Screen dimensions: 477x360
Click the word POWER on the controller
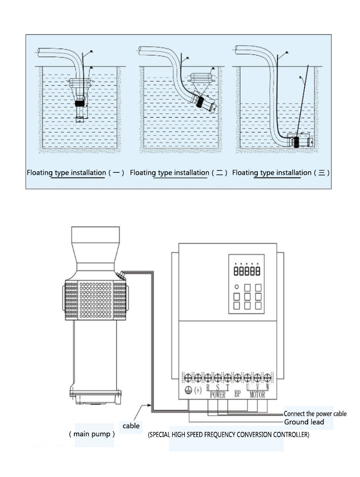(217, 395)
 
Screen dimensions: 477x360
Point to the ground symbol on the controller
(188, 390)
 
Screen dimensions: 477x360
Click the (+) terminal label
(198, 390)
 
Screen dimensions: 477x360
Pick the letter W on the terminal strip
(267, 387)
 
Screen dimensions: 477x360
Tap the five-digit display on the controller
(246, 271)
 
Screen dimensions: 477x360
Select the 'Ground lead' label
(304, 422)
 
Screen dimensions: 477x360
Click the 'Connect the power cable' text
(315, 414)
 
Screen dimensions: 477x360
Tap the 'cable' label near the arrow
(131, 426)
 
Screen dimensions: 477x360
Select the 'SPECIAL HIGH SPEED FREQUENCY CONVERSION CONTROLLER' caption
(228, 435)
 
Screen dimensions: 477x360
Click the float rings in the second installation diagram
(203, 78)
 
